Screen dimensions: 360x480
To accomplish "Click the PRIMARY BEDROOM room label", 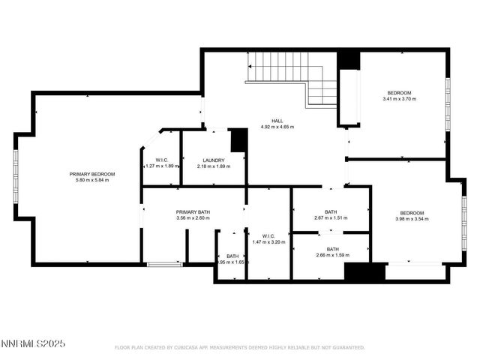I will (x=92, y=174).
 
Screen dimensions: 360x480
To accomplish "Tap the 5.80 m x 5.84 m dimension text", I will (x=92, y=180).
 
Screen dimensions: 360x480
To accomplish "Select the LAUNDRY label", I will (x=214, y=160).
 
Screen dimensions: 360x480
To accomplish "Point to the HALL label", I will (x=277, y=121).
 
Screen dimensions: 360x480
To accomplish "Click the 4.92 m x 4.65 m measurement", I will (x=277, y=127).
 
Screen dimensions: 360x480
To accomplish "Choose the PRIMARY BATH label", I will (x=193, y=212).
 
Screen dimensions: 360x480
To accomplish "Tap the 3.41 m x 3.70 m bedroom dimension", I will (x=399, y=99).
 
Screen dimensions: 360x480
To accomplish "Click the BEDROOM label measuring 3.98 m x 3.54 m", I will (x=412, y=212).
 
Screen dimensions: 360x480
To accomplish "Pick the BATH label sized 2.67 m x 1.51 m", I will (x=331, y=211).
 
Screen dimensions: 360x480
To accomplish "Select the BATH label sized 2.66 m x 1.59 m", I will (x=332, y=249).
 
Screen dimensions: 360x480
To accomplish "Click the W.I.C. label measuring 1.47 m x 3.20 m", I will (x=269, y=235).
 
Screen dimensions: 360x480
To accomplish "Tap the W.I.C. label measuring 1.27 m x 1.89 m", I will (x=161, y=160).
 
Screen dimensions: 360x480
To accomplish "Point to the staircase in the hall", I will (x=292, y=79).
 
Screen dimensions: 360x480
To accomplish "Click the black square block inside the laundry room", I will (x=238, y=140).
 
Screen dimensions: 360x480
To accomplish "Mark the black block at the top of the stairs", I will (x=347, y=60).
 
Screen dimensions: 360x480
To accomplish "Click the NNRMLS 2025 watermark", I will (x=34, y=343).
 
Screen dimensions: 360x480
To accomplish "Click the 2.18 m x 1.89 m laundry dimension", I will (x=214, y=166).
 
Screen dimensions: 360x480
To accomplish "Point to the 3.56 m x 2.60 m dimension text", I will (x=193, y=218).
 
